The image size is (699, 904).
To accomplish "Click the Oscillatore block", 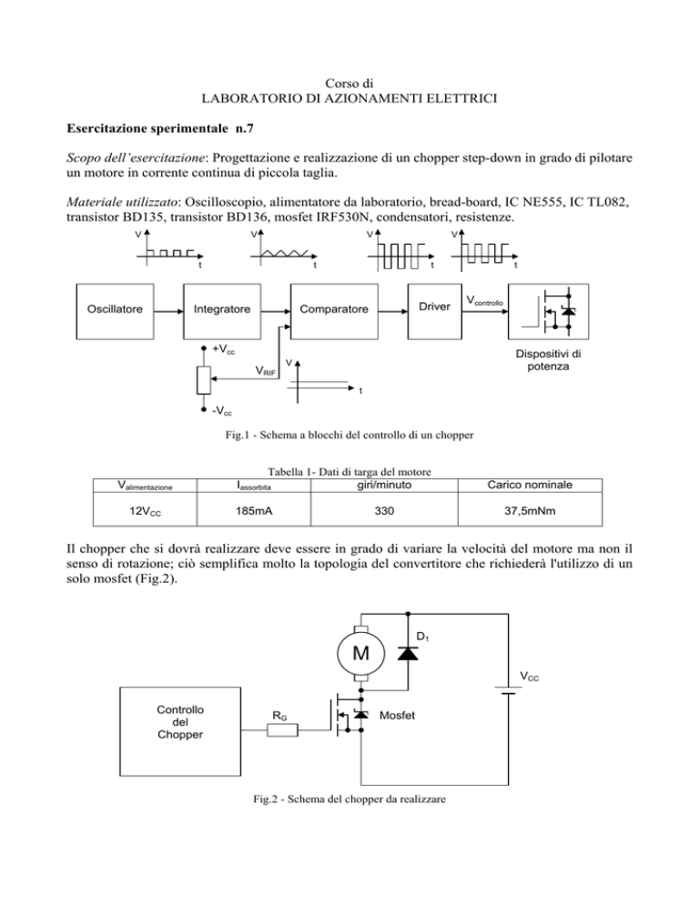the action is pyautogui.click(x=115, y=311).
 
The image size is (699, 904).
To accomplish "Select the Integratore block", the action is pyautogui.click(x=222, y=311).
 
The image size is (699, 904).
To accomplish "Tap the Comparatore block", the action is pyautogui.click(x=334, y=311).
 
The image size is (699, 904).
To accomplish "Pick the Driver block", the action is pyautogui.click(x=435, y=311).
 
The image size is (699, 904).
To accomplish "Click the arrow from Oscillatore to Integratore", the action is pyautogui.click(x=168, y=312).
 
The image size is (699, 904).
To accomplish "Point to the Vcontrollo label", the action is pyautogui.click(x=484, y=300).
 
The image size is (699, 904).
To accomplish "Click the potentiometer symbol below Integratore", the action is pyautogui.click(x=203, y=380).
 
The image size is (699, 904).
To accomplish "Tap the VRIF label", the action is pyautogui.click(x=266, y=371).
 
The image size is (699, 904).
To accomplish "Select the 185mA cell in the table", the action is pyautogui.click(x=254, y=511).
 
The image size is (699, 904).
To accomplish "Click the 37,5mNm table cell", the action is pyautogui.click(x=530, y=511).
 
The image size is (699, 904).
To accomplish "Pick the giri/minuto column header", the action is pyautogui.click(x=384, y=485).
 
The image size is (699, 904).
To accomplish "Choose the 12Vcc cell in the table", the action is pyautogui.click(x=145, y=511).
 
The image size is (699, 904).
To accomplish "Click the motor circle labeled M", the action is pyautogui.click(x=360, y=653).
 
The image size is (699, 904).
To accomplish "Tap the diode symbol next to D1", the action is pyautogui.click(x=408, y=653).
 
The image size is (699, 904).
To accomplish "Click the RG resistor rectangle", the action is pyautogui.click(x=283, y=730).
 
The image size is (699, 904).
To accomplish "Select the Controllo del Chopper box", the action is pyautogui.click(x=180, y=731).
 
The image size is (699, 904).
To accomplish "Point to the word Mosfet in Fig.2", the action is pyautogui.click(x=397, y=716).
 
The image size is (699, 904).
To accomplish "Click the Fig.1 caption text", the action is pyautogui.click(x=349, y=435).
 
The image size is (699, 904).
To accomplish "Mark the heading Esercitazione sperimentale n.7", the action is pyautogui.click(x=160, y=128).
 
